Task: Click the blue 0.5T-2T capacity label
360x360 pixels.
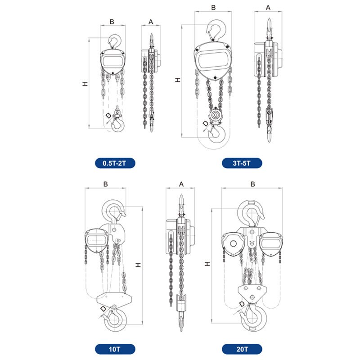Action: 115,163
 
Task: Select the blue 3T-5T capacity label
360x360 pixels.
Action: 242,163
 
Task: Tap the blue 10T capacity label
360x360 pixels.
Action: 115,349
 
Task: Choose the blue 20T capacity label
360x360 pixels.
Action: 242,349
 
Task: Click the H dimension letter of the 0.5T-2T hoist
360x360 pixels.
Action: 85,84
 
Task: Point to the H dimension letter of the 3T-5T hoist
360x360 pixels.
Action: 178,80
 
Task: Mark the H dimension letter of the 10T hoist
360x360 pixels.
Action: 138,265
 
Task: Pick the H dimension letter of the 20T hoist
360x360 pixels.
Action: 207,264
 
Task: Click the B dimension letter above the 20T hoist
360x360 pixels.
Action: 252,184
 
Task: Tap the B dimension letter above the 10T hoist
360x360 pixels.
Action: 105,184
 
